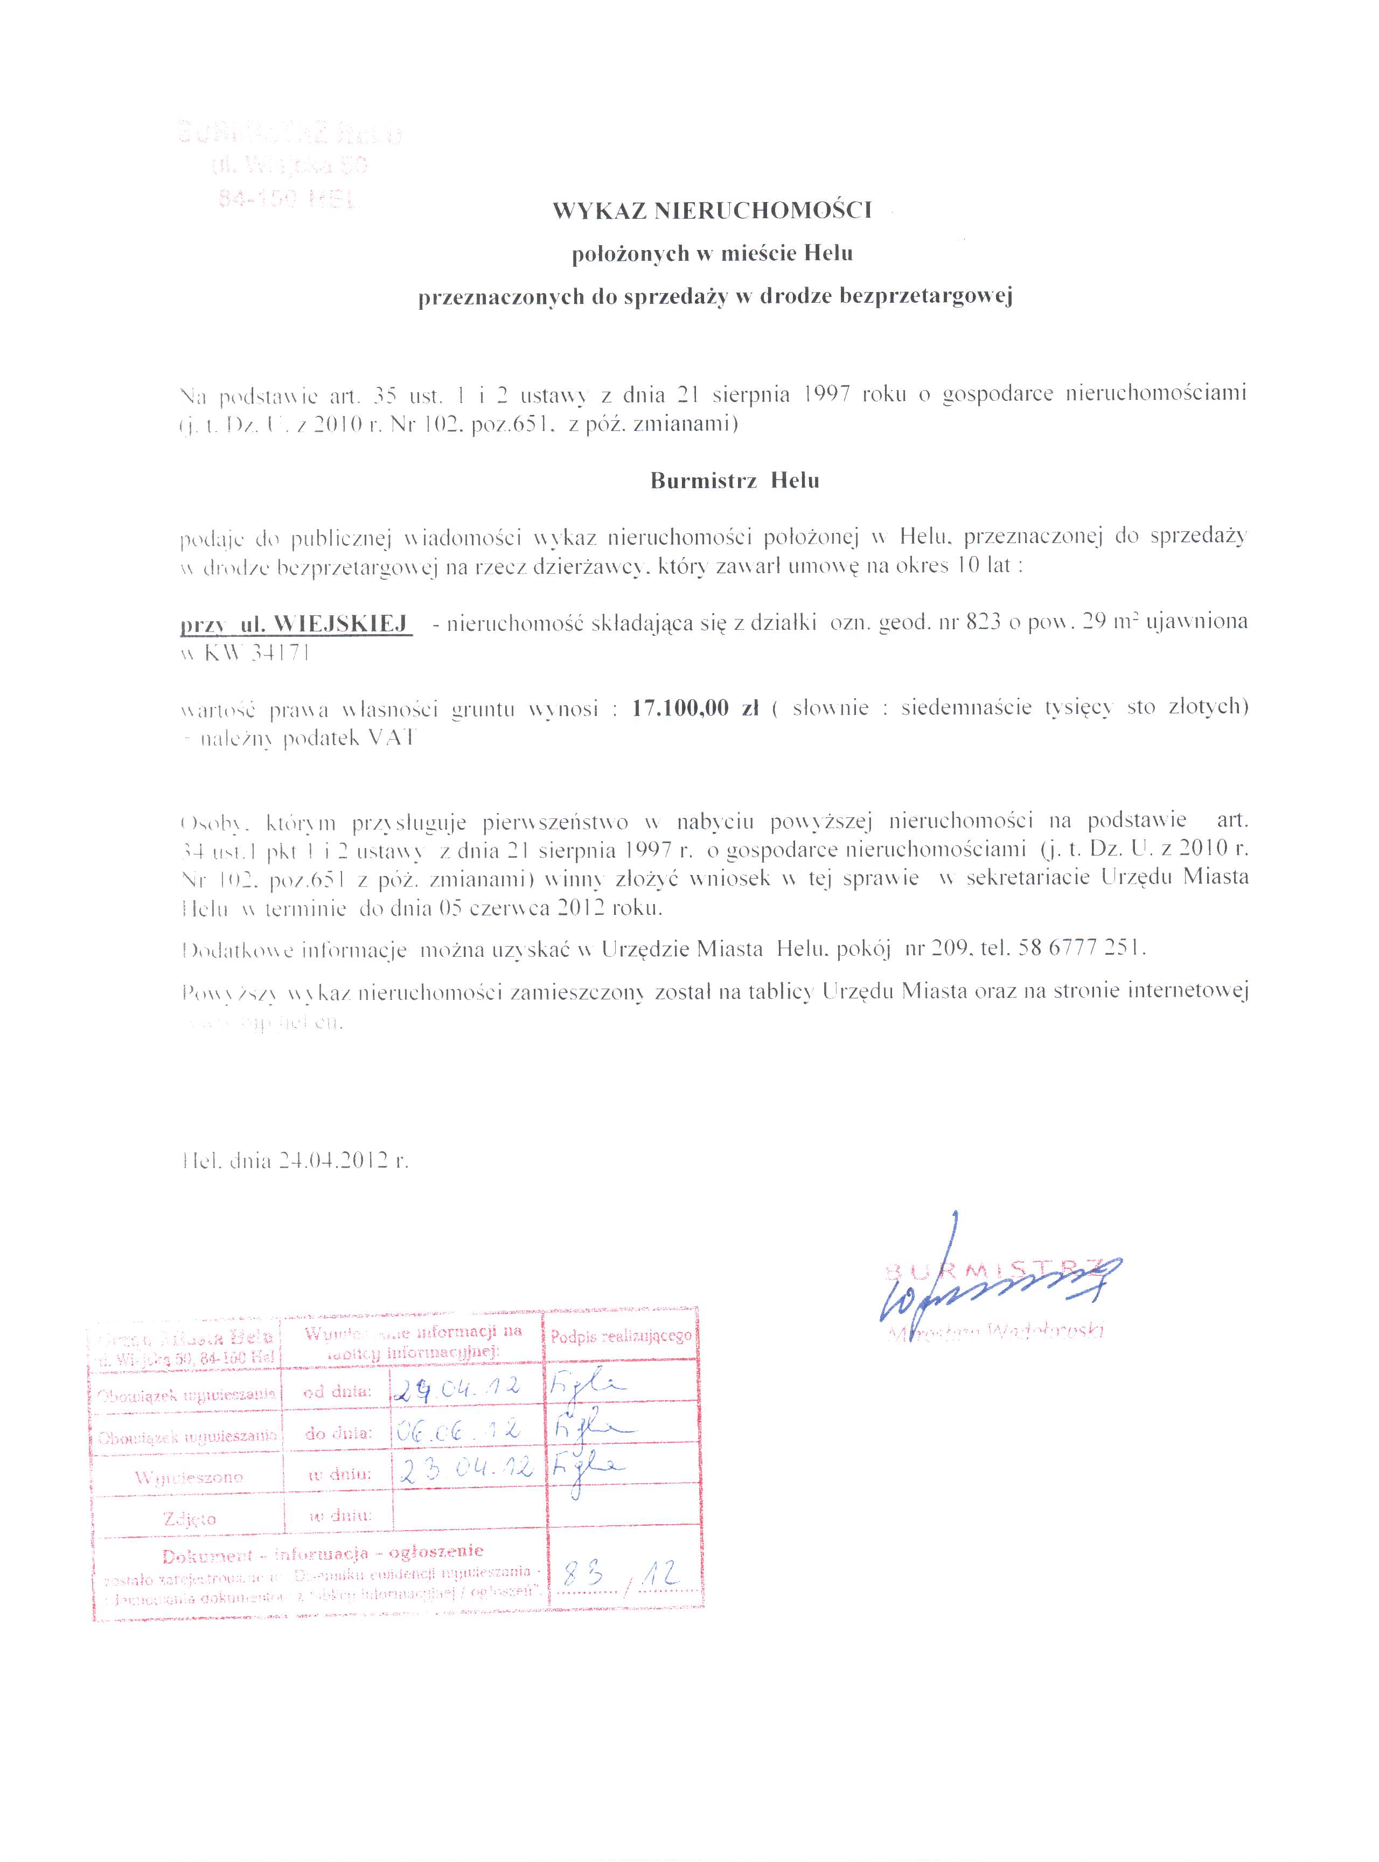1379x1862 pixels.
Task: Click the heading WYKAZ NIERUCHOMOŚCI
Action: coord(712,211)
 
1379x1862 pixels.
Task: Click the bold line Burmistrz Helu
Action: coord(735,481)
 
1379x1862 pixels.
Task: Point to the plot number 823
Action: coord(983,623)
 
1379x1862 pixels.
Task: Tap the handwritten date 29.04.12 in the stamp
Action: coord(457,1388)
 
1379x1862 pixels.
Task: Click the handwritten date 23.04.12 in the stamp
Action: coord(465,1471)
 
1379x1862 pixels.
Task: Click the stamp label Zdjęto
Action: coord(190,1518)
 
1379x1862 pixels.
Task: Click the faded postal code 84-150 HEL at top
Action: coord(289,199)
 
